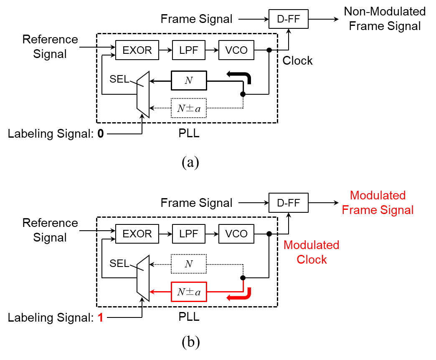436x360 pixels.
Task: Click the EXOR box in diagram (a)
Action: (x=137, y=50)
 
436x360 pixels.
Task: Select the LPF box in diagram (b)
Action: (x=189, y=234)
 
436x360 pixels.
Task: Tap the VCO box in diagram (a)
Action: (x=236, y=50)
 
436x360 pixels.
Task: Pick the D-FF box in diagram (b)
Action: (x=288, y=203)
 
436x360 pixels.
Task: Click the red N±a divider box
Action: (x=189, y=292)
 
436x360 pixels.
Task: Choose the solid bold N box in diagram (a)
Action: (x=189, y=81)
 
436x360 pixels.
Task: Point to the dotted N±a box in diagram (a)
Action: (x=189, y=108)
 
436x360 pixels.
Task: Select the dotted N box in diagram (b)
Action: (x=189, y=264)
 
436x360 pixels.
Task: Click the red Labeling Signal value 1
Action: (x=100, y=317)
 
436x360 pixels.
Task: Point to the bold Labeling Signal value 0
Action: (x=101, y=133)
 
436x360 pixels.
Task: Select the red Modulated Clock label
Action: (x=312, y=252)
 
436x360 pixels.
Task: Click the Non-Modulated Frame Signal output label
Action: (x=385, y=19)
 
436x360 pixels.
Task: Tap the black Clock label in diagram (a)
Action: (x=297, y=60)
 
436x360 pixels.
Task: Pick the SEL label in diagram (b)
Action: (x=119, y=263)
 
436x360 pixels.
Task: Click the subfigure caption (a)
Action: (x=190, y=162)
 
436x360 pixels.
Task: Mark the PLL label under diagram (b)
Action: (x=189, y=317)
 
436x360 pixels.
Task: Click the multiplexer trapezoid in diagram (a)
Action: (x=143, y=94)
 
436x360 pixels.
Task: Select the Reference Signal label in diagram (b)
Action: (x=50, y=230)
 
